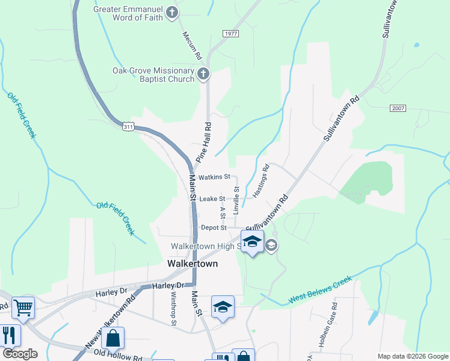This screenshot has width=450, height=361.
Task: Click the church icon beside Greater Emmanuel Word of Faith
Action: coord(173,12)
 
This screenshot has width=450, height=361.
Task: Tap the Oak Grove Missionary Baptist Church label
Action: coord(153,75)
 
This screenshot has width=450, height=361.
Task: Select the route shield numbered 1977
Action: coord(230,33)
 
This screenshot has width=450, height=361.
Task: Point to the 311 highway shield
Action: coord(128,127)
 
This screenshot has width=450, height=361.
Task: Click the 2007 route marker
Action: coord(398,108)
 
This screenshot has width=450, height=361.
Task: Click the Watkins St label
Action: coord(215,177)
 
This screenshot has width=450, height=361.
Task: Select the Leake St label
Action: coord(212,199)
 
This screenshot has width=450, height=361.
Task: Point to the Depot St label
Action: coord(214,228)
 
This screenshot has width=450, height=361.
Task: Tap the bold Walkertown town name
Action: coord(192,264)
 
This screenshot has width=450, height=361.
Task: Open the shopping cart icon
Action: coord(23,307)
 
